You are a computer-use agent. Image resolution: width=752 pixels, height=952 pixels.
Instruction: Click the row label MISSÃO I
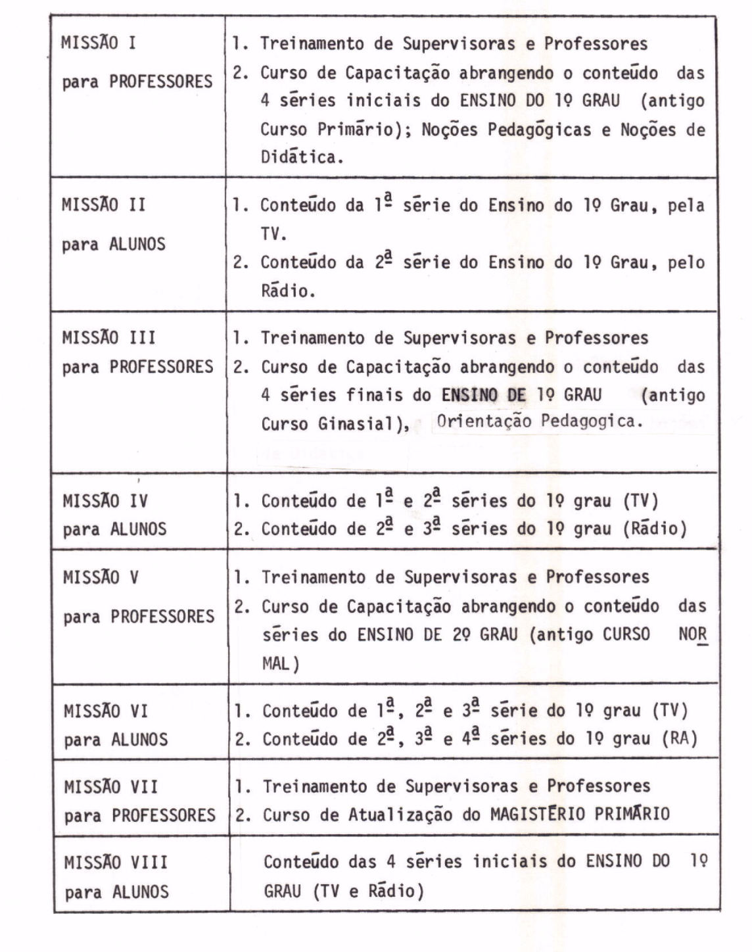coord(99,43)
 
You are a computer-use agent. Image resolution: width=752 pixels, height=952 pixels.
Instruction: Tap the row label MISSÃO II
coord(104,204)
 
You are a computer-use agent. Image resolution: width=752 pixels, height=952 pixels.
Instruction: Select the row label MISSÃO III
coord(109,338)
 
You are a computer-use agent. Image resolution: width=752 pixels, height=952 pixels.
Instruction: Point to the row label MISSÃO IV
coord(105,501)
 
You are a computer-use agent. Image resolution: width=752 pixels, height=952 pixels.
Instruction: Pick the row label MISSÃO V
coord(101,577)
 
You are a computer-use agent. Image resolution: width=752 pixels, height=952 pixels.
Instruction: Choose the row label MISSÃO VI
coord(106,711)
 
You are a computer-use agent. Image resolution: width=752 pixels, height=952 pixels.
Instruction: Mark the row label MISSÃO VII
coord(111,786)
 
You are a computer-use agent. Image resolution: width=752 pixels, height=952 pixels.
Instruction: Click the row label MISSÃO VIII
coord(116,862)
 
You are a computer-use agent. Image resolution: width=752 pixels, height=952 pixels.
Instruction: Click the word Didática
coord(302,158)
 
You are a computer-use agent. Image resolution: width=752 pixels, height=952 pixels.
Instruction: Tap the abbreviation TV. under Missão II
coord(274,233)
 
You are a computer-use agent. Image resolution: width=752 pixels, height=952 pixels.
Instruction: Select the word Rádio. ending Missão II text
coord(288,291)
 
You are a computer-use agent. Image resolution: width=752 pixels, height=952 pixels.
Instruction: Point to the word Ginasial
coord(364,424)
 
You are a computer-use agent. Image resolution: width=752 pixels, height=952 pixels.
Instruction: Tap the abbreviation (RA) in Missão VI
coord(679,739)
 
